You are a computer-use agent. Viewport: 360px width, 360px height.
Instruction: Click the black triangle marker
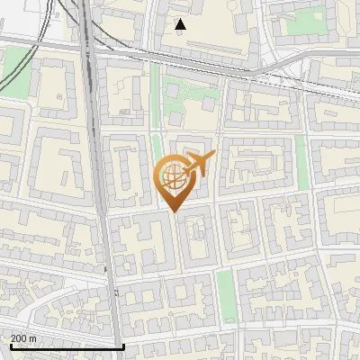(x=181, y=24)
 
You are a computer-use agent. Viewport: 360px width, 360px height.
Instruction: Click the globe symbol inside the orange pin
(x=173, y=176)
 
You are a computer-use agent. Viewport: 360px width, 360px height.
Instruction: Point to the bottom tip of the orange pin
(x=174, y=211)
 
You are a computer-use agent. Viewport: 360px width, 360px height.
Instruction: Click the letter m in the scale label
(x=33, y=338)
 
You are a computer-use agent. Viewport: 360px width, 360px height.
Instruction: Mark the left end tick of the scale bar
(x=11, y=345)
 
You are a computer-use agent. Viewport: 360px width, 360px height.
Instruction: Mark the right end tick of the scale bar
(x=123, y=345)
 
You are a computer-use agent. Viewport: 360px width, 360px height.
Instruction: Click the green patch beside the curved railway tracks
(x=15, y=63)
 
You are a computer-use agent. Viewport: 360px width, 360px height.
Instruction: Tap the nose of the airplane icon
(x=213, y=157)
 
